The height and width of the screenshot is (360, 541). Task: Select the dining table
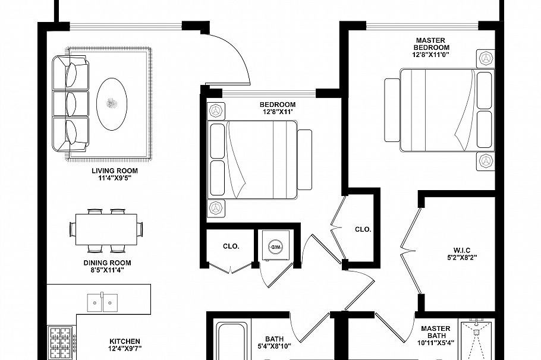(106, 229)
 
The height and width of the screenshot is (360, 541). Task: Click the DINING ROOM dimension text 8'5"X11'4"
(107, 270)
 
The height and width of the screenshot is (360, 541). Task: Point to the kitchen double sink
(102, 302)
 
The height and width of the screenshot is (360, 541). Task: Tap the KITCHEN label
(125, 342)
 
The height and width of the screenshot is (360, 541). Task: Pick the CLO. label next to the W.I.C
(363, 229)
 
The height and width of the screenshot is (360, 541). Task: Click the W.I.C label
(461, 250)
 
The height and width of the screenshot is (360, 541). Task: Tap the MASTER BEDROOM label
(432, 44)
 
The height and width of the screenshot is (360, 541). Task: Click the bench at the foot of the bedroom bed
(304, 159)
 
